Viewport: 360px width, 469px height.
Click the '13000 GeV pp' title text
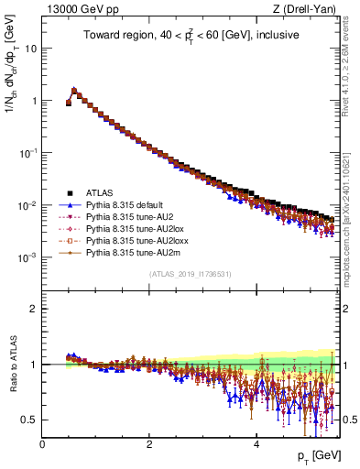(x=74, y=10)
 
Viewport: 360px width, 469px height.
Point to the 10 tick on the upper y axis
(x=31, y=48)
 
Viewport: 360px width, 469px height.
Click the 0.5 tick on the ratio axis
(x=30, y=420)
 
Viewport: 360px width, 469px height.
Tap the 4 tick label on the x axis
(x=256, y=444)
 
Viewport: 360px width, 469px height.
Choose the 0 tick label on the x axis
(x=42, y=444)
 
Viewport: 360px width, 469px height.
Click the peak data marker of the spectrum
(x=74, y=91)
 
